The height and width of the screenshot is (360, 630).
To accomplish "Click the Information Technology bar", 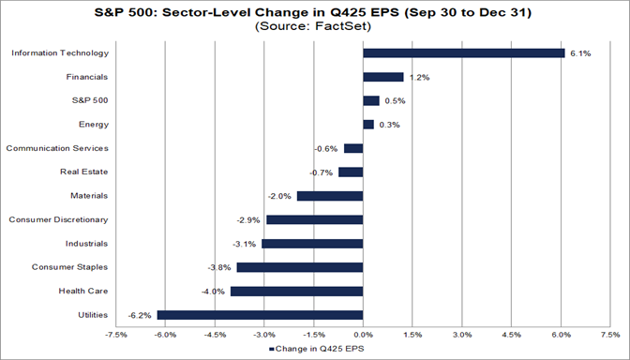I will pyautogui.click(x=463, y=53).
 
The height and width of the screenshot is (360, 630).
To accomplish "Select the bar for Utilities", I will pyautogui.click(x=260, y=315).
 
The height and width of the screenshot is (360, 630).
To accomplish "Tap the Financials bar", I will pyautogui.click(x=382, y=77).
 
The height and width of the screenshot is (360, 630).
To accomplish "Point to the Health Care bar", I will pyautogui.click(x=296, y=292).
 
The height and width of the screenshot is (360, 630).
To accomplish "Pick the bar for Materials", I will pyautogui.click(x=329, y=196).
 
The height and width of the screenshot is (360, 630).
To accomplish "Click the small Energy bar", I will pyautogui.click(x=367, y=125).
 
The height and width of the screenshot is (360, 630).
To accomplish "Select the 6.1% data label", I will pyautogui.click(x=578, y=53).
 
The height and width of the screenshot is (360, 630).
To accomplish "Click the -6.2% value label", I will pyautogui.click(x=142, y=315).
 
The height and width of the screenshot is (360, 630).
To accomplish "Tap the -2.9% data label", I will pyautogui.click(x=250, y=219).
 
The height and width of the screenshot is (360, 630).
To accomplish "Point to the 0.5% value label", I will pyautogui.click(x=394, y=101).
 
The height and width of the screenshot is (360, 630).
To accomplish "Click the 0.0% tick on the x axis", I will pyautogui.click(x=363, y=334).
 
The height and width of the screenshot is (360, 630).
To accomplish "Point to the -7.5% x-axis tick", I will pyautogui.click(x=115, y=334).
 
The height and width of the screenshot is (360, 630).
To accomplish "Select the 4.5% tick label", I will pyautogui.click(x=511, y=334).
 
